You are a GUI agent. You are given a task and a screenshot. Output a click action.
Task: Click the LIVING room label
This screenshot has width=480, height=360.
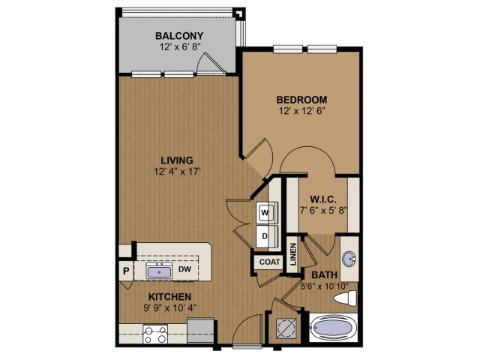point(177,160)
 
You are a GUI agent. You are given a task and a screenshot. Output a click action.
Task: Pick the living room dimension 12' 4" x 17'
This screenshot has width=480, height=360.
point(177,172)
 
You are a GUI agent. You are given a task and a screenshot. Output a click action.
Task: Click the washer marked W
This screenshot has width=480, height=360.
point(265,213)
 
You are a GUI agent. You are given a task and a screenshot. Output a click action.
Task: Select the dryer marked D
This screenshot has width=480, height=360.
point(265,236)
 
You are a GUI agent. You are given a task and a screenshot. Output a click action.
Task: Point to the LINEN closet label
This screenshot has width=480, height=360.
point(293,253)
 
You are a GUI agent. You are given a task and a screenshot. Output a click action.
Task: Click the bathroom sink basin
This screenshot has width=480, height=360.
point(349,259)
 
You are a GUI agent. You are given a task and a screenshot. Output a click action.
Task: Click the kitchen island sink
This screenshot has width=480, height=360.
point(158,271)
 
